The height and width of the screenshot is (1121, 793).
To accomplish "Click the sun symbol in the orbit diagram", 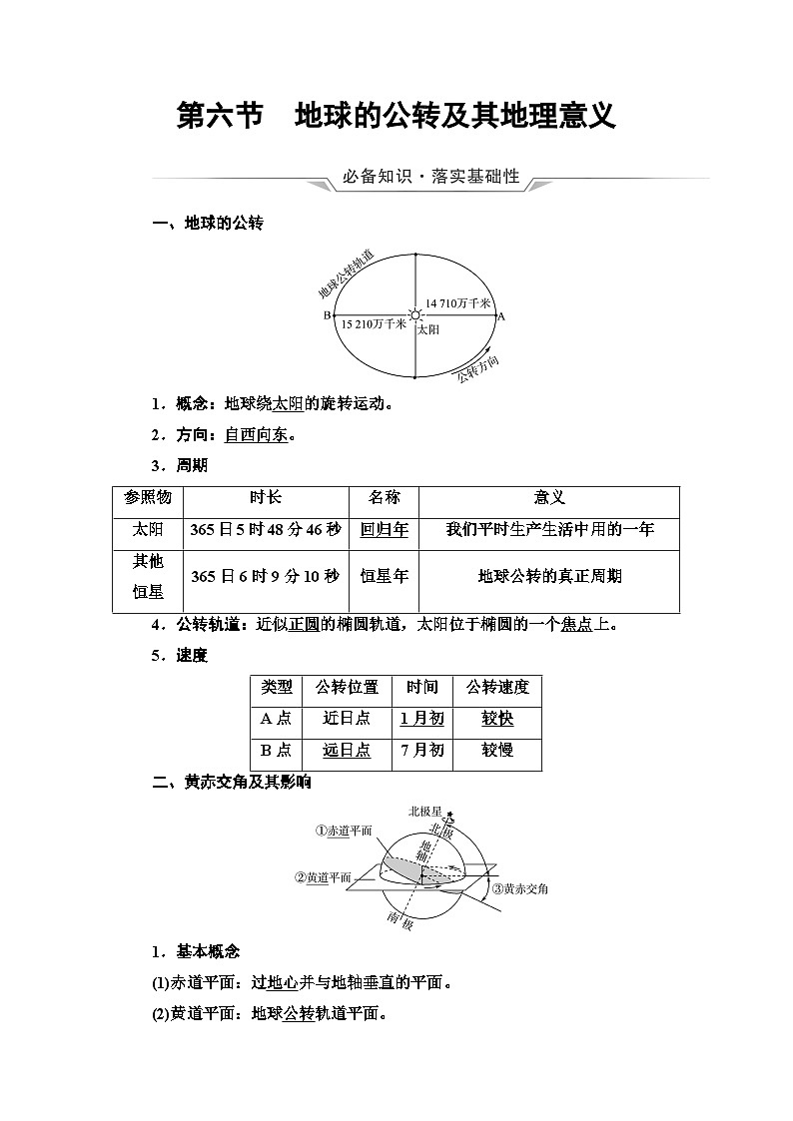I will point(415,314).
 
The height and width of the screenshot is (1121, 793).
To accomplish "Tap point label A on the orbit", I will point(501,315).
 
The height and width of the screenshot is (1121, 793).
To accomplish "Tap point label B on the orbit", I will point(326,315).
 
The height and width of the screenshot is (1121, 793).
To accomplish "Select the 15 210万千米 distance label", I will point(374,325).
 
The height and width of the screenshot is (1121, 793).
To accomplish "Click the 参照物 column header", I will point(148,497).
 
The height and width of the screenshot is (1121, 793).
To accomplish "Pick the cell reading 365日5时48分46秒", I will point(267,529).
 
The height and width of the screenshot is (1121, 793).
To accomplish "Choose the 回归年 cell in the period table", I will point(385,529).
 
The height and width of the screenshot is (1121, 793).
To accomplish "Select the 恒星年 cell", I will point(385,576).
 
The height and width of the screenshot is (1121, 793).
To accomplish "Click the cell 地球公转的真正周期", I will point(549,576).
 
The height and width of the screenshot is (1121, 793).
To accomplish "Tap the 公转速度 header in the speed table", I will point(497,687).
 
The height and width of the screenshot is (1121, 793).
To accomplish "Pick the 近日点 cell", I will point(347,719).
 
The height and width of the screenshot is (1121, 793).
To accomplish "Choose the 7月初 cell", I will point(421,751).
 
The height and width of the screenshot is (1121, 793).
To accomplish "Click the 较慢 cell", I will point(497,751).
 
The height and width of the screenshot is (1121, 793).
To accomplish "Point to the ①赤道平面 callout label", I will point(344,831).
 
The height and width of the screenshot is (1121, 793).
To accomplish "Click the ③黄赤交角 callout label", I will point(519,888).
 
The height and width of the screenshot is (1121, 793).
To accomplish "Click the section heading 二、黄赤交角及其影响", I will point(232,783).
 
